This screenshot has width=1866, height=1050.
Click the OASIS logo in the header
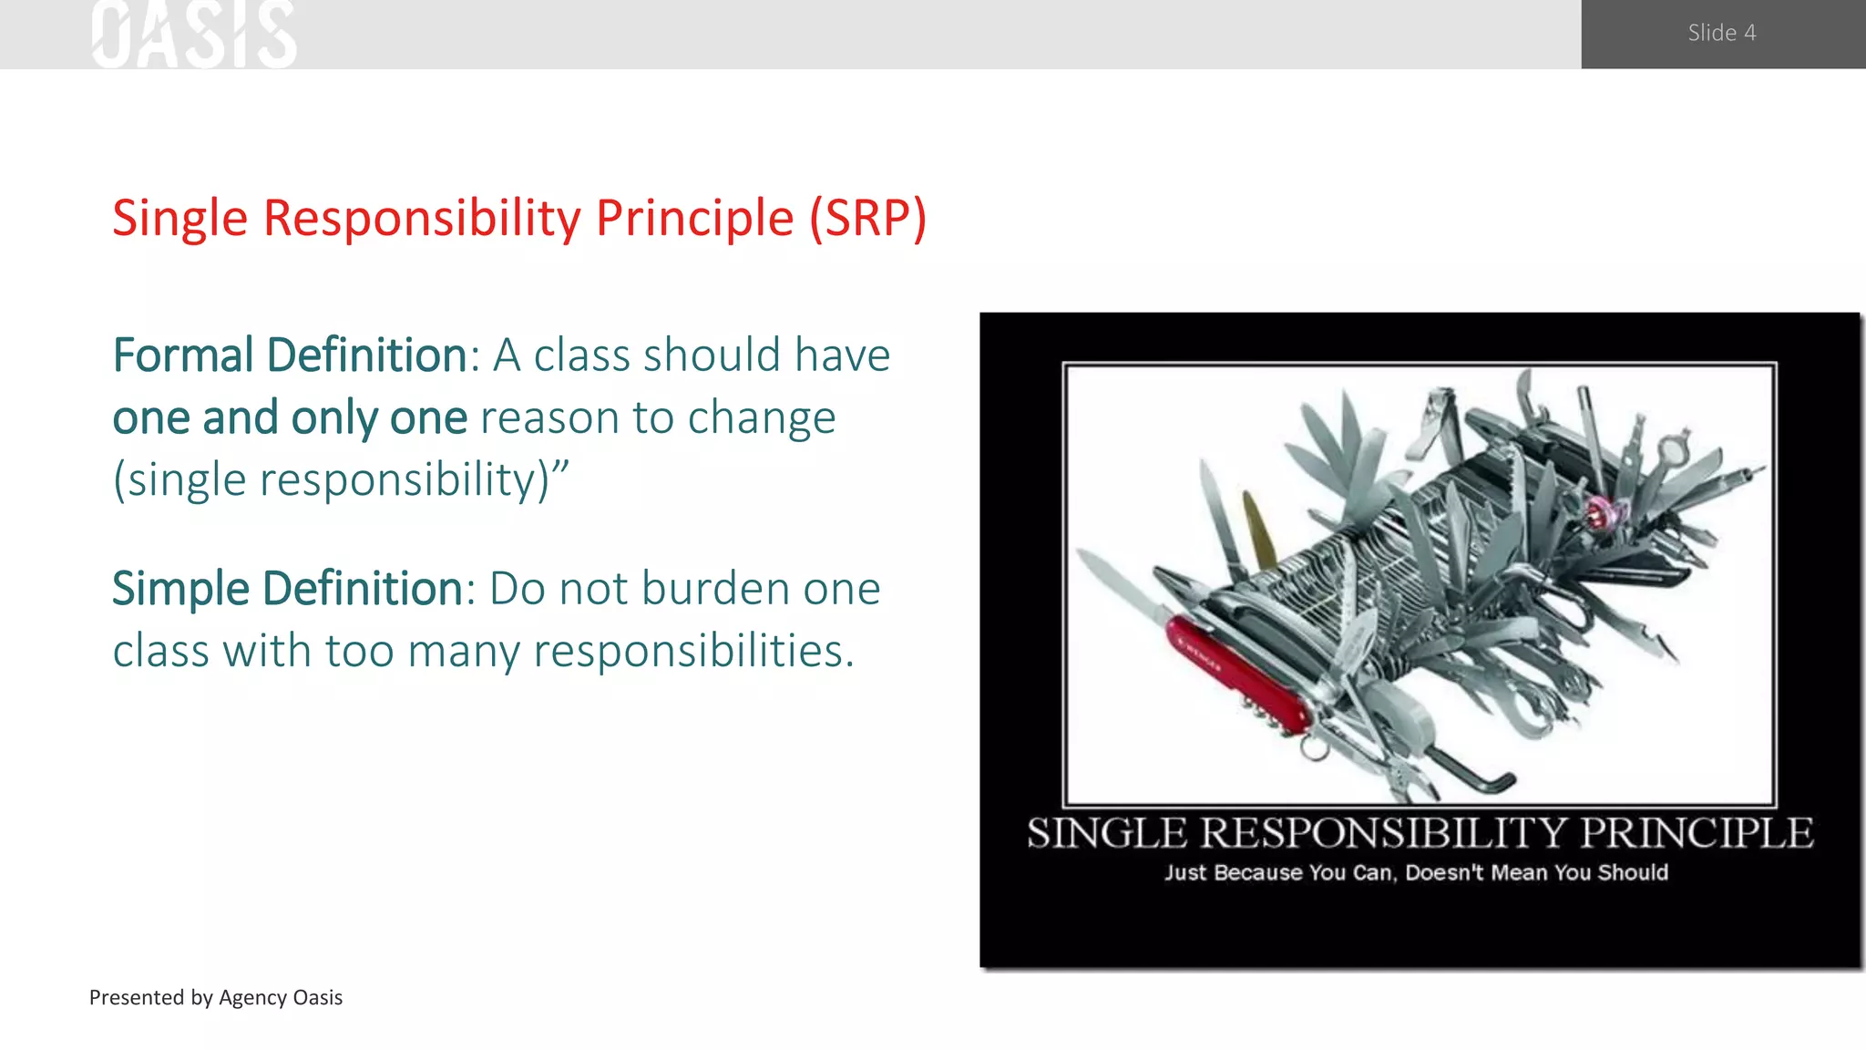pos(194,35)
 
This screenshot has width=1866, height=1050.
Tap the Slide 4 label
pos(1721,33)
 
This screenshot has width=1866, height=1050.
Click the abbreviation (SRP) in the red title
pos(867,219)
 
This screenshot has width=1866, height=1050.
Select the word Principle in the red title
pos(694,219)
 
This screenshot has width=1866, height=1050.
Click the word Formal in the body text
pos(182,355)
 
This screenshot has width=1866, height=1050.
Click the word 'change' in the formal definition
pos(761,418)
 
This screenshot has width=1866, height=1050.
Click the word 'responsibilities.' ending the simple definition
pos(693,652)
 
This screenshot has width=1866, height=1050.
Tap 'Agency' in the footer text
pos(252,997)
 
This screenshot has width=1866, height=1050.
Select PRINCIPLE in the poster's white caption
pos(1696,833)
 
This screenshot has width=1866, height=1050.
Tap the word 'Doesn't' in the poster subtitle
pos(1444,872)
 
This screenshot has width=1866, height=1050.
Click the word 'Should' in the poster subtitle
pos(1633,872)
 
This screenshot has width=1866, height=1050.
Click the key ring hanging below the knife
pos(1313,749)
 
